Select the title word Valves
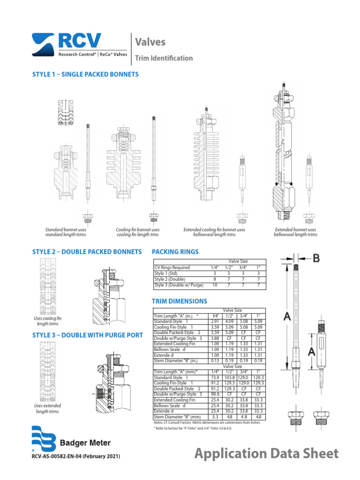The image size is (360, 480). [x=150, y=42]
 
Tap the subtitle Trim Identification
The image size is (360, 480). [x=164, y=58]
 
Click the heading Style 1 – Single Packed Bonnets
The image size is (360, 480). [x=85, y=75]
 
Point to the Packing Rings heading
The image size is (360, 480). [x=175, y=252]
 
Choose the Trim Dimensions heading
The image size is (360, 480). [x=180, y=301]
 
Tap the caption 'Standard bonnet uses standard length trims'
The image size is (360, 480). [x=66, y=232]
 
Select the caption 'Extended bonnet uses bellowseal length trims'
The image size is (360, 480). [x=295, y=232]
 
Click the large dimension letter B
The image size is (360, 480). [x=316, y=257]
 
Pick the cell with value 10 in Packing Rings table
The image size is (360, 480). [x=215, y=285]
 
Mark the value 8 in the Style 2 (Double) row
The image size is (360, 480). [x=215, y=279]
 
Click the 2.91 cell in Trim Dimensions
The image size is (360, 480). [x=215, y=322]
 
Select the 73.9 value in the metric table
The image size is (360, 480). [x=215, y=377]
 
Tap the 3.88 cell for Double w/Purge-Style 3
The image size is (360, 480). [x=215, y=338]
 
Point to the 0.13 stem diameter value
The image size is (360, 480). [x=215, y=361]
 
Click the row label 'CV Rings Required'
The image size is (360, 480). [x=172, y=268]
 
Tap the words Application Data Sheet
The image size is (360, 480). [x=266, y=454]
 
